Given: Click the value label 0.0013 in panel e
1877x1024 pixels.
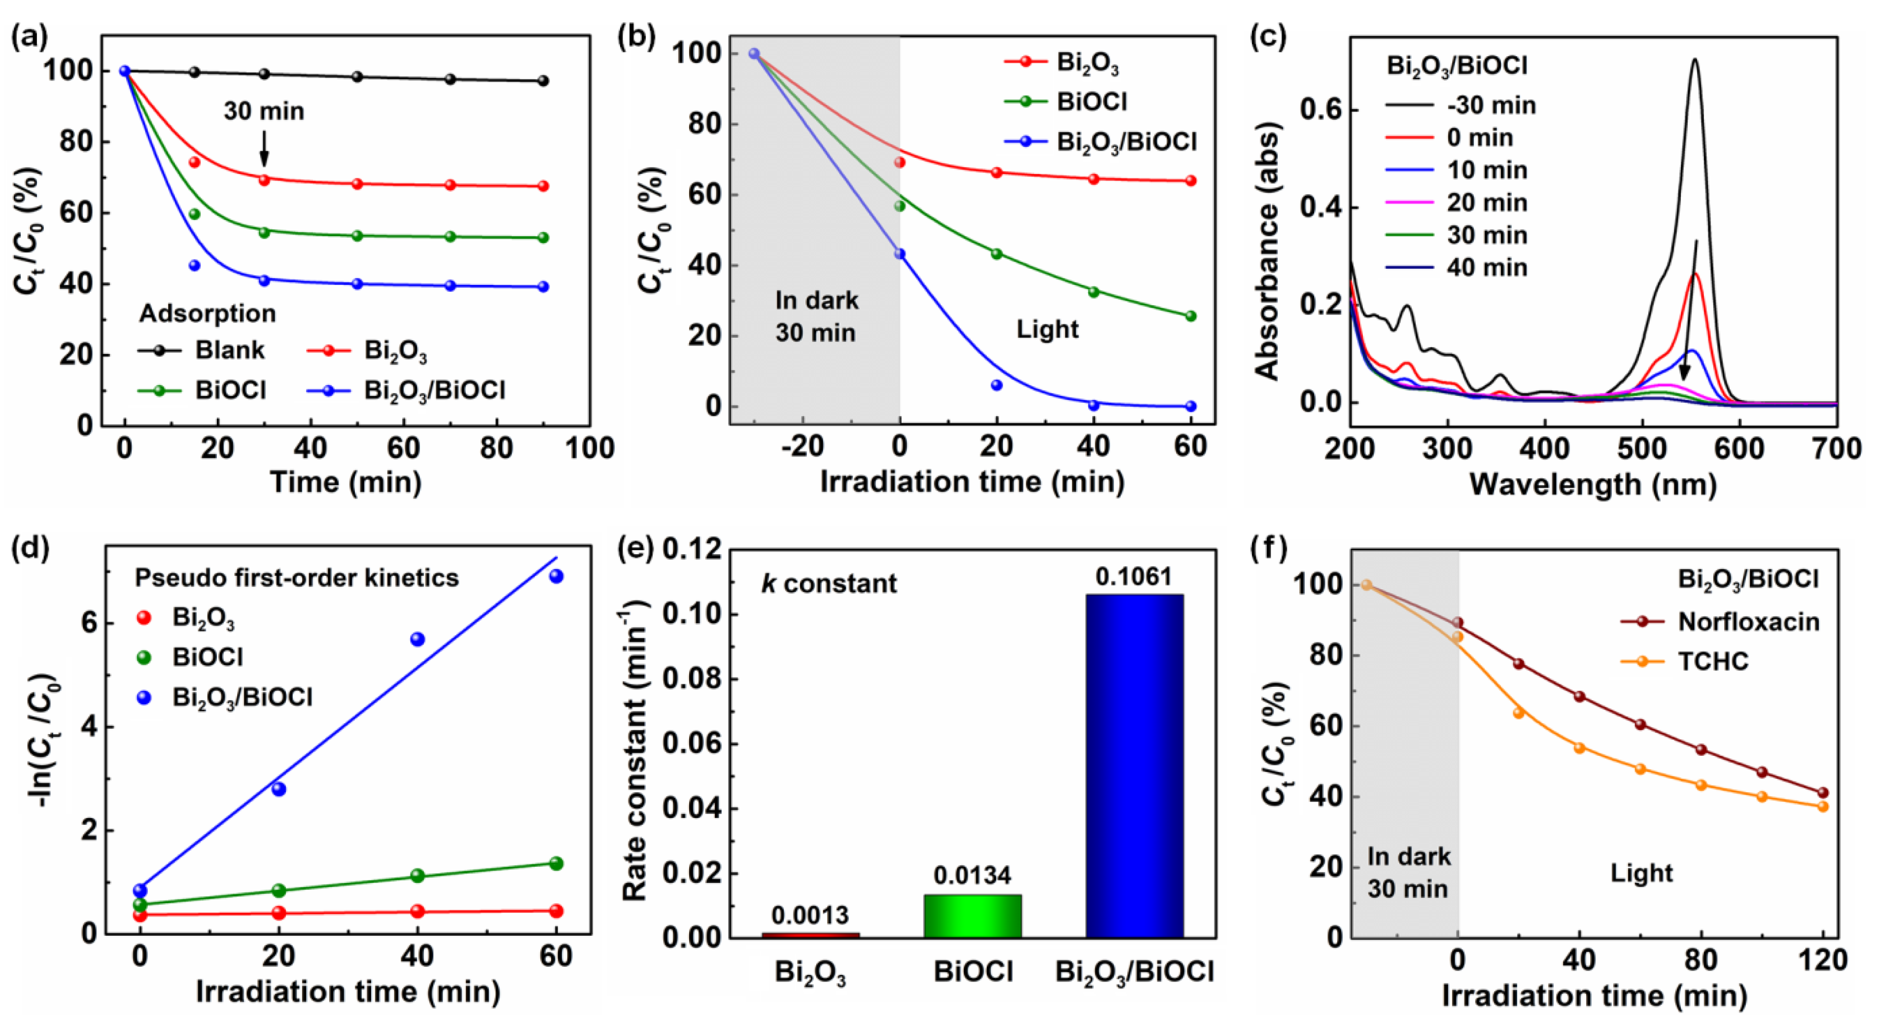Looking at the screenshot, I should (x=810, y=915).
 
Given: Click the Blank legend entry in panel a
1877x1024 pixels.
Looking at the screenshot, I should (x=229, y=351).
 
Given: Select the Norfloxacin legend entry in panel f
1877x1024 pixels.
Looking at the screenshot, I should (x=1747, y=622).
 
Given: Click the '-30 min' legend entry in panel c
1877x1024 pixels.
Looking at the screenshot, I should (x=1491, y=106).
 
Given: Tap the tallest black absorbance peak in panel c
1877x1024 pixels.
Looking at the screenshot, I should (x=1695, y=60).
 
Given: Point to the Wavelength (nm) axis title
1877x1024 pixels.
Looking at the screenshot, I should (x=1593, y=484).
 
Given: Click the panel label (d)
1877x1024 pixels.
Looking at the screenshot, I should (x=31, y=548).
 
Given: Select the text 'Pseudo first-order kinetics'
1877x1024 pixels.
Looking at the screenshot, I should (x=297, y=578).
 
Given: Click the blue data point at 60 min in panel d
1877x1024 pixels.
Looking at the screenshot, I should (x=556, y=576).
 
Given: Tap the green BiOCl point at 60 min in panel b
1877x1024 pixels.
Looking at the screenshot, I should (x=1190, y=316).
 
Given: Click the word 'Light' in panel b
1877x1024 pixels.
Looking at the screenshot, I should (x=1047, y=329).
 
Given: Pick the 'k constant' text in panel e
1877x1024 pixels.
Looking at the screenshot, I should (x=829, y=584).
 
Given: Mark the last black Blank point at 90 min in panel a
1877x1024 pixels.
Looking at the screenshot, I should (x=543, y=81).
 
